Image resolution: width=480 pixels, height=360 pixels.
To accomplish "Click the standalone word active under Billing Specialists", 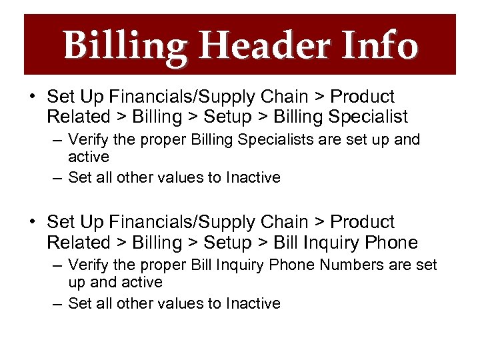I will [89, 157].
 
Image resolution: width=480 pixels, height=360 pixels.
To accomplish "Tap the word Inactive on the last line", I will [253, 304].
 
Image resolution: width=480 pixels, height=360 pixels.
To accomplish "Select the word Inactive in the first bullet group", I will [253, 178].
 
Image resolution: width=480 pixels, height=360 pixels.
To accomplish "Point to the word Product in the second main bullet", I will [363, 222].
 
